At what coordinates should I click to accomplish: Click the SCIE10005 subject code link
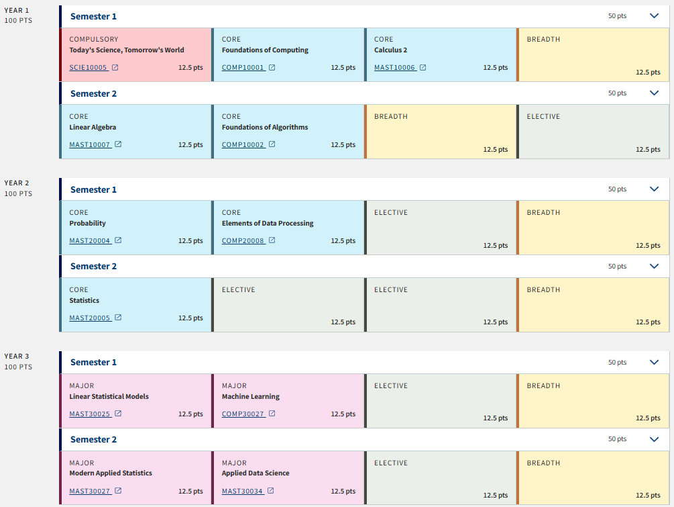click(89, 68)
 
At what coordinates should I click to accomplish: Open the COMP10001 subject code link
click(243, 68)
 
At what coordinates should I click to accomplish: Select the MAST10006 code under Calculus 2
click(395, 68)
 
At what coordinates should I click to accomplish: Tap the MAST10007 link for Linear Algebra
click(90, 145)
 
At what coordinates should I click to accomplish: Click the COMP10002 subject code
click(243, 145)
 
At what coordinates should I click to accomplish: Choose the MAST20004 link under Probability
click(90, 241)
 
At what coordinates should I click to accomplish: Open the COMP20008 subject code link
click(243, 241)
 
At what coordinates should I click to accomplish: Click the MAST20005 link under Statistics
click(90, 318)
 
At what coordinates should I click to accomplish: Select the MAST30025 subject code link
click(90, 414)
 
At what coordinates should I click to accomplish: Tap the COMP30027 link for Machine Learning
click(243, 414)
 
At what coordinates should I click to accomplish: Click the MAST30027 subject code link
click(90, 492)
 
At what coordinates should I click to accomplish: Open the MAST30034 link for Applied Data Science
click(242, 492)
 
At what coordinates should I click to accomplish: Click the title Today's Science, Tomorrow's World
click(127, 50)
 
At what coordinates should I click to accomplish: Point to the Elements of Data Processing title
click(268, 224)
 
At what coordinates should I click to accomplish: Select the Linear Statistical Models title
click(109, 397)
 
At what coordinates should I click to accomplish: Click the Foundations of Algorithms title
click(265, 128)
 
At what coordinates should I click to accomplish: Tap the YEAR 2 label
click(17, 183)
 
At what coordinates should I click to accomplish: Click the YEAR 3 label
click(17, 356)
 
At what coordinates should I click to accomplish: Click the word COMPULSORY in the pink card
click(94, 40)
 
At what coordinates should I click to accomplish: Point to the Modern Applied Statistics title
click(111, 473)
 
